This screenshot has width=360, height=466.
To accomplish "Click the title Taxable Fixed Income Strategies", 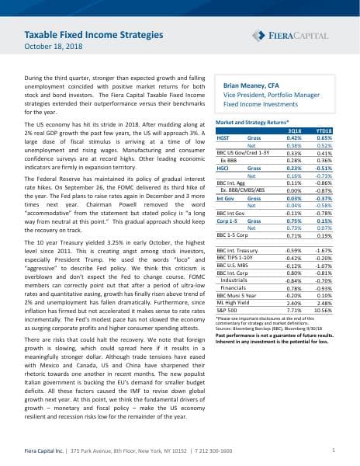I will [x=102, y=35].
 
